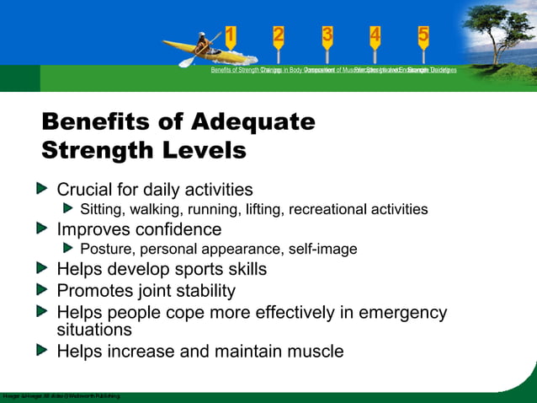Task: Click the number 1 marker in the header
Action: tap(231, 35)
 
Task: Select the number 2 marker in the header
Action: tap(279, 35)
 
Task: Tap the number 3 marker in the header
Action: tap(327, 35)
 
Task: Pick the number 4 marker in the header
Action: tap(375, 35)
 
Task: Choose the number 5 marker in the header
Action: tap(423, 35)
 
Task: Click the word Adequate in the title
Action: tap(253, 122)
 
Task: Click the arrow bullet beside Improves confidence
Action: tap(43, 229)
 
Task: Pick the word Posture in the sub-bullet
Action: tap(107, 249)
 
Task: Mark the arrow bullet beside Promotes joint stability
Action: tap(43, 291)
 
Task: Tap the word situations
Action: tap(93, 330)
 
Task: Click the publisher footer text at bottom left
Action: tap(61, 395)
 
